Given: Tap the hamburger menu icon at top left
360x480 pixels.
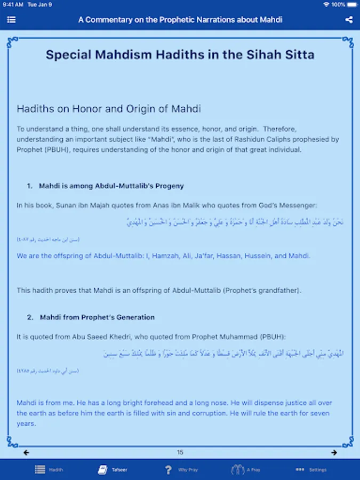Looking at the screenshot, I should (x=11, y=20).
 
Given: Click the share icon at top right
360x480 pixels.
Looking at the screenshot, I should (x=349, y=20).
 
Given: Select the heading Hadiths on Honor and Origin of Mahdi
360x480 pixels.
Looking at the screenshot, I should (x=109, y=109).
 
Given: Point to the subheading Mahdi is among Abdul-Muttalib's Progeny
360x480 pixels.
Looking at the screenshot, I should (x=111, y=186).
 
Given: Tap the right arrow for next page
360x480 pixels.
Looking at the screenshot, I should (x=334, y=453).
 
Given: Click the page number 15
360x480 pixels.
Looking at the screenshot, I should (x=180, y=453).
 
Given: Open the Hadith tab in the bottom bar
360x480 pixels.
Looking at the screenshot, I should (x=49, y=470).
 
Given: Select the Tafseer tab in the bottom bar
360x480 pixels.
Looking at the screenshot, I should (x=113, y=470).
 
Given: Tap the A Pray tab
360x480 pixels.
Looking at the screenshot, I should (x=246, y=470).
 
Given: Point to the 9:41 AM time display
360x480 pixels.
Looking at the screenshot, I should (x=13, y=4).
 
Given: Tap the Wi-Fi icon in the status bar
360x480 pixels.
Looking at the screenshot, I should (x=326, y=4).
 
